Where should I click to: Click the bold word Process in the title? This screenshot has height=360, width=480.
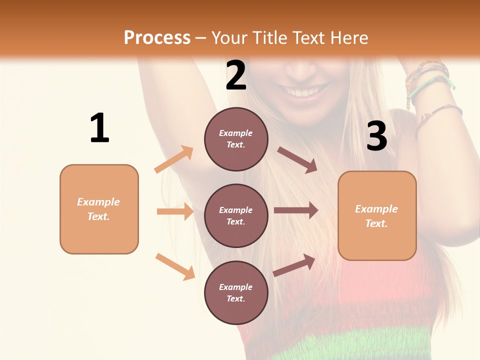coord(157,37)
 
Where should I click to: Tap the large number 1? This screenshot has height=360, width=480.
coord(99,128)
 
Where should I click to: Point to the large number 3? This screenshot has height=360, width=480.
coord(376,136)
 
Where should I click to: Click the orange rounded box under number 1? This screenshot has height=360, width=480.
coord(99,209)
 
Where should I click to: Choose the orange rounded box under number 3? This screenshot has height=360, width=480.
coord(377,215)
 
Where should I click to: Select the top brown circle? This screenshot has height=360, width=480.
coord(236,139)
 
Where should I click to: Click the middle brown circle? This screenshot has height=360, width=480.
coord(236,215)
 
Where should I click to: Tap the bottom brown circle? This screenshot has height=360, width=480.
coord(236,292)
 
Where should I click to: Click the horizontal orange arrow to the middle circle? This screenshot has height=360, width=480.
coord(175,211)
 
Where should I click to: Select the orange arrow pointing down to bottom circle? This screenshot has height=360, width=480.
coord(175,266)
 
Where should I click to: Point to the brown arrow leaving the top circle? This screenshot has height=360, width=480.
coord(297,159)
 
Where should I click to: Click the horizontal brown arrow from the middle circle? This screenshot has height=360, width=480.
coord(295,210)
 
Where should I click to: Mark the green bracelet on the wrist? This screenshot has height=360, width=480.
coord(429,84)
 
